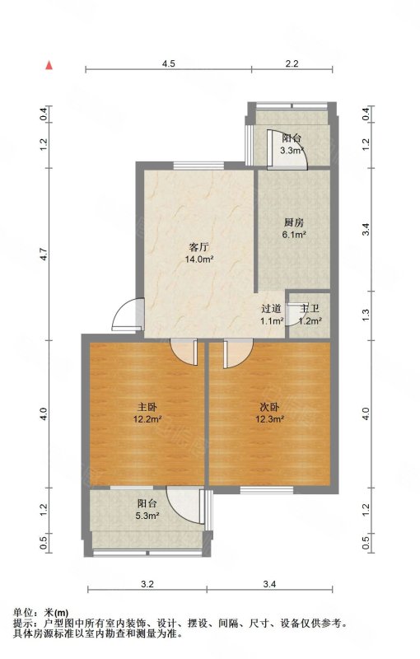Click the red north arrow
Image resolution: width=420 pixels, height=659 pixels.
[49, 65]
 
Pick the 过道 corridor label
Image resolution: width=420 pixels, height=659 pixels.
[271, 309]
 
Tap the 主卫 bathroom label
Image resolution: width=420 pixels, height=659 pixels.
[310, 309]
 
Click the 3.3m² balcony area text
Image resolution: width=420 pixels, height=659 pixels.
[292, 151]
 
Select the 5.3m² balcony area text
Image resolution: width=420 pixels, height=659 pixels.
[147, 516]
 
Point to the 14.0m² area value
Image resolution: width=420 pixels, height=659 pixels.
[199, 259]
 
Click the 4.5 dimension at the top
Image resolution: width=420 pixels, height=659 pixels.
[169, 63]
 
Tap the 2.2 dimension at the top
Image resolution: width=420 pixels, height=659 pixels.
[292, 63]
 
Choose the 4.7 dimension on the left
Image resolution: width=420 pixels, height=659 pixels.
[44, 255]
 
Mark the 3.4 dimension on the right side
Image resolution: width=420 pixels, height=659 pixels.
[366, 230]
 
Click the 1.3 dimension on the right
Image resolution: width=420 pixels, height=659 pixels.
[366, 314]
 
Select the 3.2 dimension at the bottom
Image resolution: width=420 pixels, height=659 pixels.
[147, 584]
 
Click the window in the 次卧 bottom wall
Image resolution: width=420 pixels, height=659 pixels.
[266, 489]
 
